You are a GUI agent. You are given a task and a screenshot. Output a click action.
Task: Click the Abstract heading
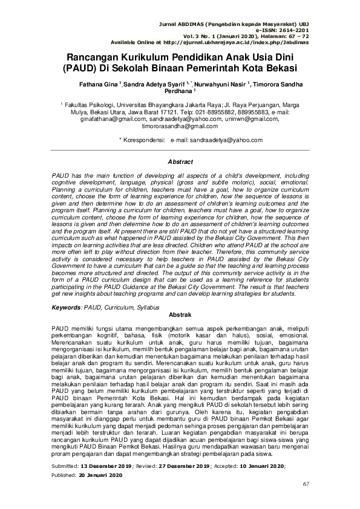tap(180, 162)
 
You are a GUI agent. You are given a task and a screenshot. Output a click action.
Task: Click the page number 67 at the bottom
tap(306, 501)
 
